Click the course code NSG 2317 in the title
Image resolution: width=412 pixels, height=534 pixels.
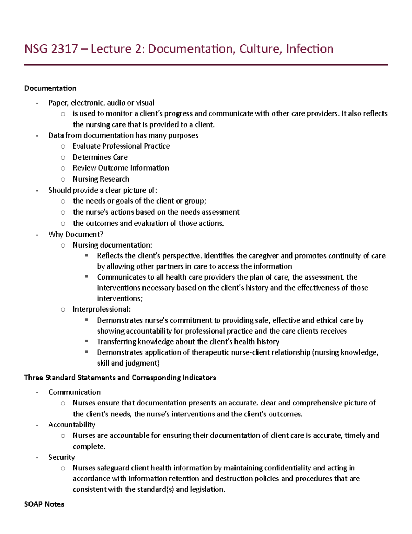[51, 49]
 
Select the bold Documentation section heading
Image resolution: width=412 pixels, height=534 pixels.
[50, 88]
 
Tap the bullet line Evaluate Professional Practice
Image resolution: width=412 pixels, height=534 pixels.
[121, 146]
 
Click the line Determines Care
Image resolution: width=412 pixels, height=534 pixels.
[100, 157]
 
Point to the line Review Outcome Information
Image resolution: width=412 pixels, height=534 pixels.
[121, 168]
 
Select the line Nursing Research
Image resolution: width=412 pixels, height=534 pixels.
[101, 179]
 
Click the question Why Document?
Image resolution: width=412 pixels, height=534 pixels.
[76, 235]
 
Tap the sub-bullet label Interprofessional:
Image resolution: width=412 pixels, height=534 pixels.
[102, 309]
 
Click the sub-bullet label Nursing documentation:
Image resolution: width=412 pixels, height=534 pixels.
[112, 245]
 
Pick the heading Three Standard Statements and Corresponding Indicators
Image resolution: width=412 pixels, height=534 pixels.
[120, 378]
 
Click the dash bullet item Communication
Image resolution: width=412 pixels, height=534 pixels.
[75, 392]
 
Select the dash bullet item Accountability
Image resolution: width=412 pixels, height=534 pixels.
[72, 425]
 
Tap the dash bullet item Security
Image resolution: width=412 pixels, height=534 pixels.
[61, 457]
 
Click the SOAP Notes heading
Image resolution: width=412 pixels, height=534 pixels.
[44, 504]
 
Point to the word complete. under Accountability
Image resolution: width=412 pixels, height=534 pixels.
[89, 447]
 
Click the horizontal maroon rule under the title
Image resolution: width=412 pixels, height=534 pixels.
[206, 65]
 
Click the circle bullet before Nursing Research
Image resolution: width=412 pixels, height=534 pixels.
[63, 179]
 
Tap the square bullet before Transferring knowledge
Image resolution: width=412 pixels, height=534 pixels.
[87, 341]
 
